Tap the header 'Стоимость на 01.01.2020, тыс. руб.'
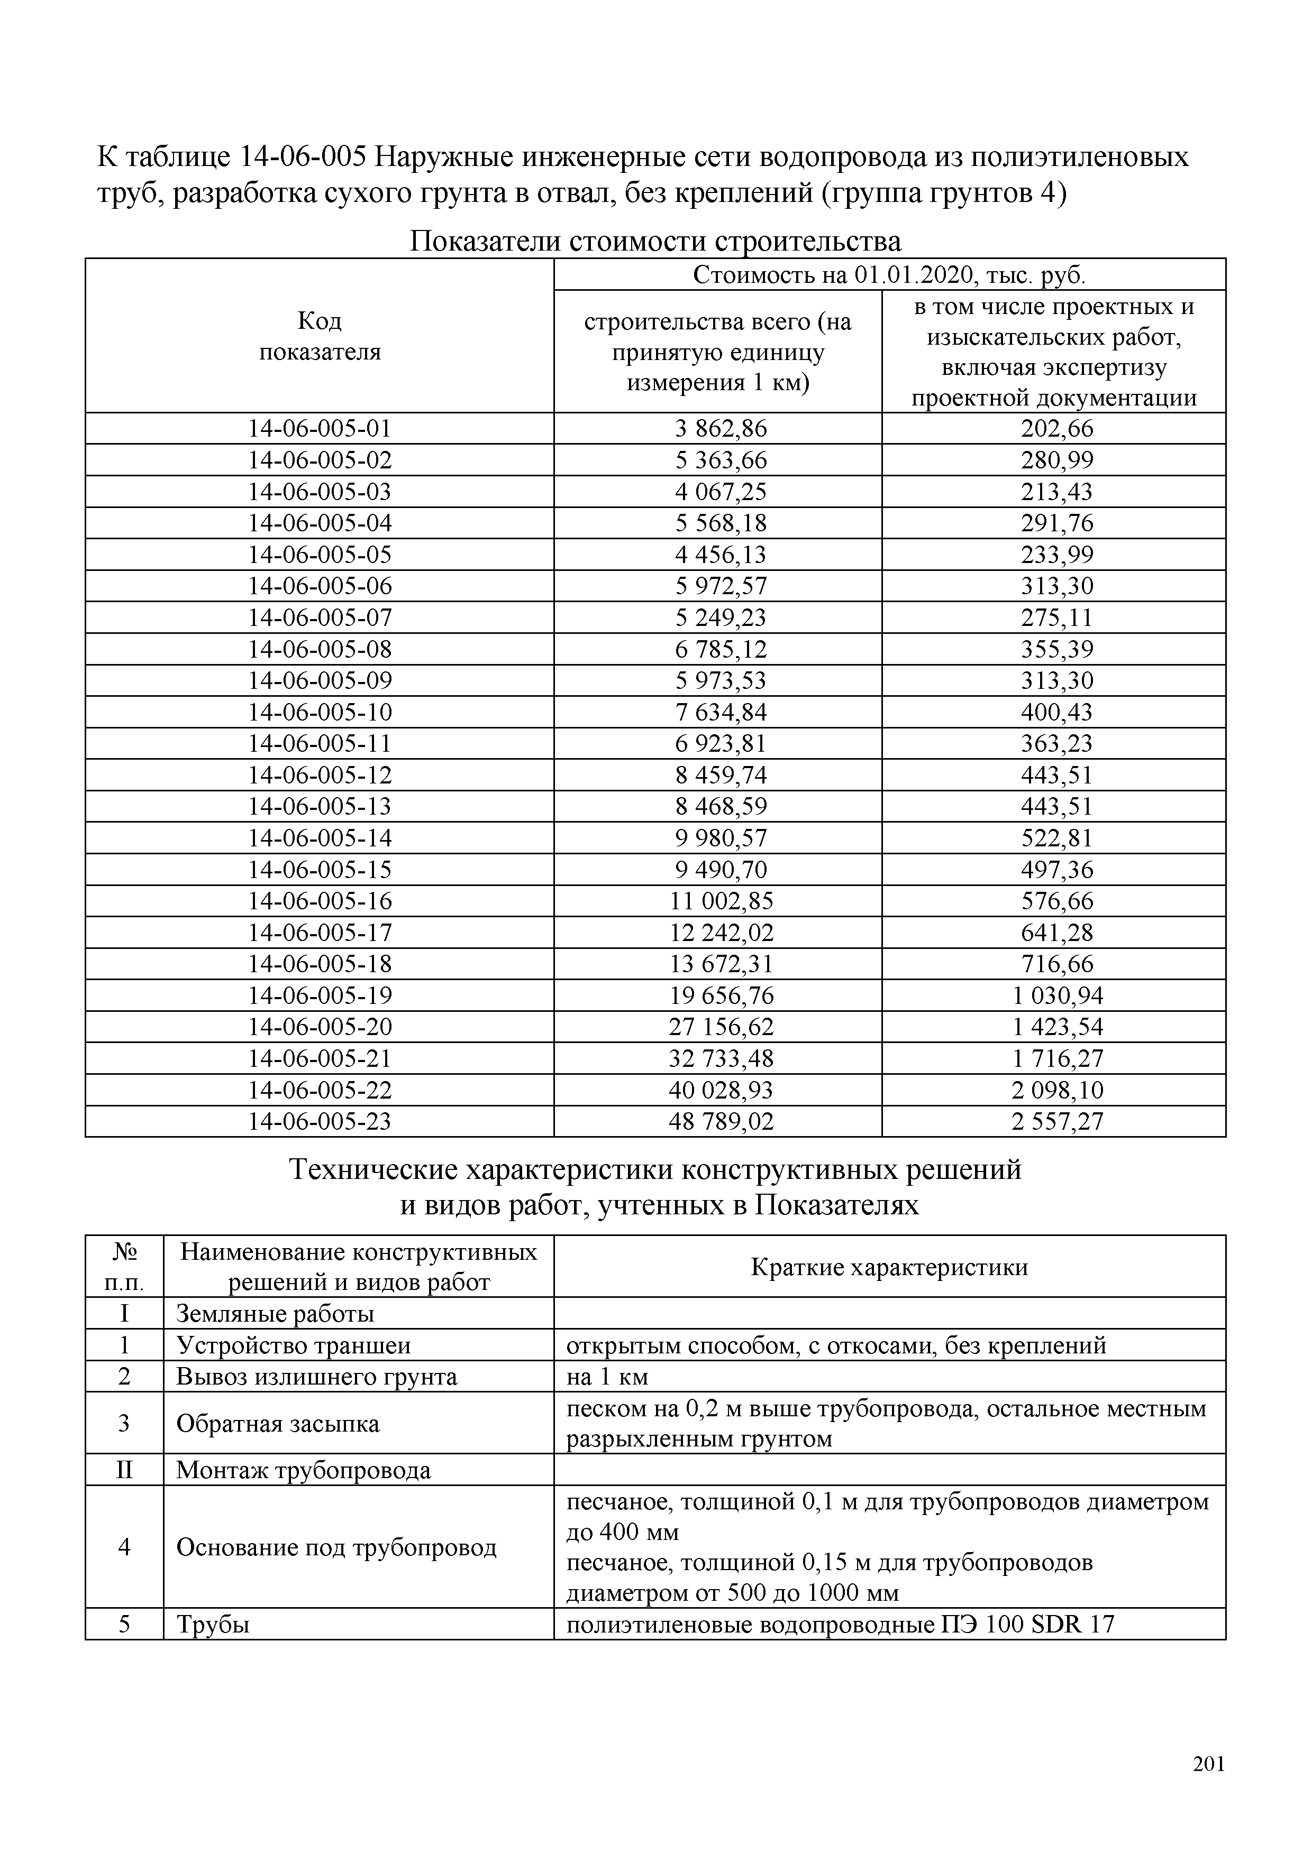click(889, 275)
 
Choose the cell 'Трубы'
click(213, 1624)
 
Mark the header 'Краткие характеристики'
click(889, 1267)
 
